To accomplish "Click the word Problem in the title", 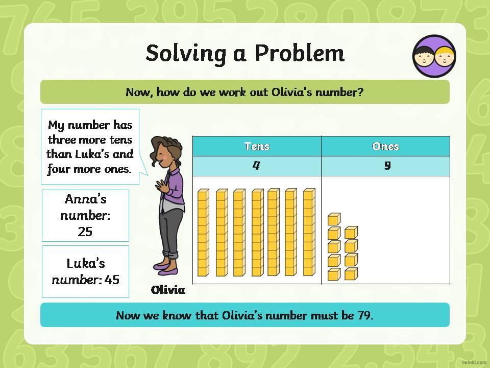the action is (300, 53).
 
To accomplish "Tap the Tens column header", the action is (257, 146).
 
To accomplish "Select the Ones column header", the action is (386, 146).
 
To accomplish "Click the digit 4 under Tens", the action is (256, 165).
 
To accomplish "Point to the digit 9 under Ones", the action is (387, 165).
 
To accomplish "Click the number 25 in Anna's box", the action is (85, 232).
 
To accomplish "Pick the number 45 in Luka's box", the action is (112, 280).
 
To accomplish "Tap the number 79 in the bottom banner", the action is (364, 315).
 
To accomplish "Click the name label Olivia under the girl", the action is (168, 290).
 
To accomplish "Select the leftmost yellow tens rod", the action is (203, 233).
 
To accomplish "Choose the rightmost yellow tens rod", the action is (309, 232).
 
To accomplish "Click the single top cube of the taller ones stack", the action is (334, 219).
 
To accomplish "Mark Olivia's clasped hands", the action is (162, 187).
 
